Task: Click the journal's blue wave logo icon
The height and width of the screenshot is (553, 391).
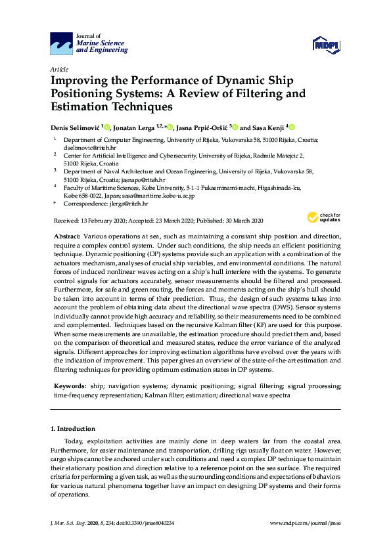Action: pyautogui.click(x=61, y=45)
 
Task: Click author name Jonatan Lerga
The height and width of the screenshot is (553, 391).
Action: pyautogui.click(x=138, y=127)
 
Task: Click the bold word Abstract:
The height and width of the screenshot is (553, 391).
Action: pyautogui.click(x=66, y=235)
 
